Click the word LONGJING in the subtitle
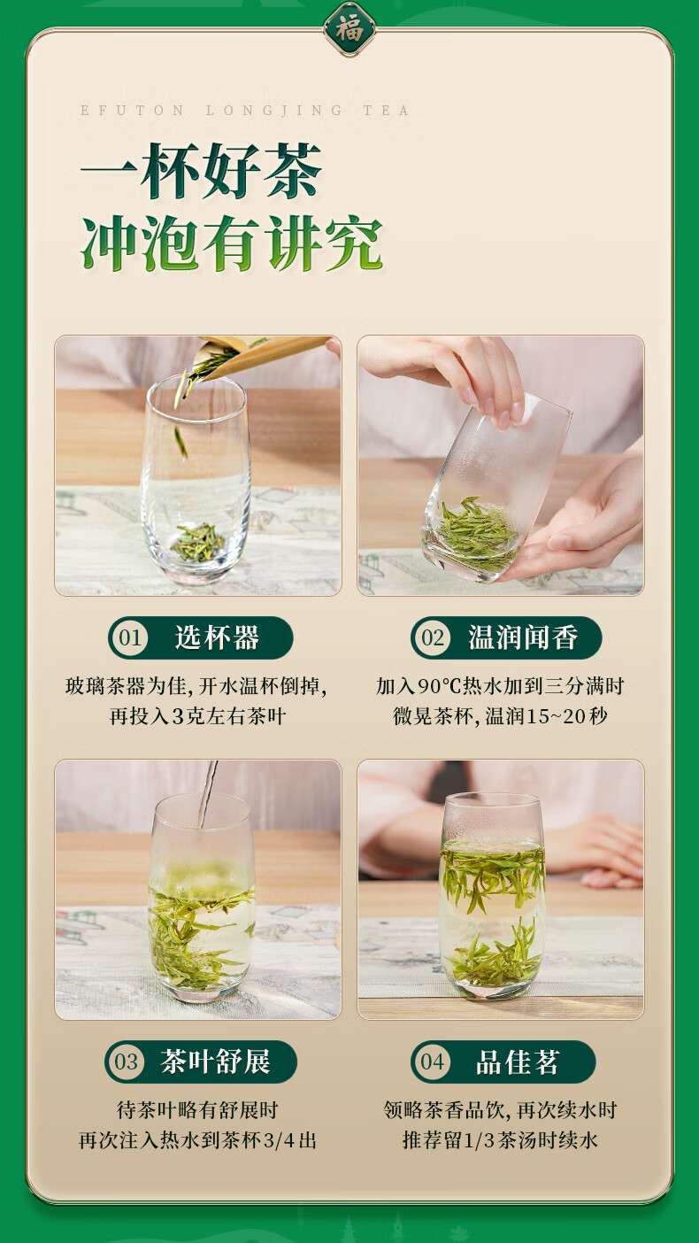click(x=274, y=111)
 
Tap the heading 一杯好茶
click(x=201, y=171)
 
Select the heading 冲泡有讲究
click(x=232, y=243)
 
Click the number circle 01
click(x=130, y=637)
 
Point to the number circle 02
click(x=432, y=637)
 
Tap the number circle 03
click(x=126, y=1062)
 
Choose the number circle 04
click(x=432, y=1062)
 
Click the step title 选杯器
click(x=217, y=637)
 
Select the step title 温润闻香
click(x=523, y=637)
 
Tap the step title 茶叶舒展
click(x=215, y=1062)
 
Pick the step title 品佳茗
click(x=517, y=1062)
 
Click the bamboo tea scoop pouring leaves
click(x=261, y=355)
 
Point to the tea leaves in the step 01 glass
click(x=197, y=542)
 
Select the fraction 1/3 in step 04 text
click(x=478, y=1140)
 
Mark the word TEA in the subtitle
click(x=386, y=111)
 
